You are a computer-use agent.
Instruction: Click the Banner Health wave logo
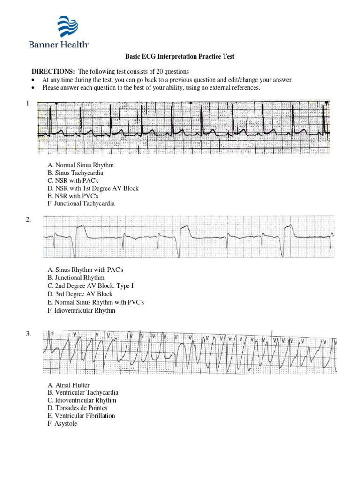68,27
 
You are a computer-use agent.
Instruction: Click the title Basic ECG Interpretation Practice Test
180,57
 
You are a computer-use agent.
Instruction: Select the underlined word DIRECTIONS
53,72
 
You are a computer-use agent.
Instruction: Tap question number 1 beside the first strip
29,105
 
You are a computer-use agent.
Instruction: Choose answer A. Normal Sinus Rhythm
81,165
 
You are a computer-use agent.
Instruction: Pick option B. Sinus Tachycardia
75,173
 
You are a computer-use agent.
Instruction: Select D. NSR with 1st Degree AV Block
93,188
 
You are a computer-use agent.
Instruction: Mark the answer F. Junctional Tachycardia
81,203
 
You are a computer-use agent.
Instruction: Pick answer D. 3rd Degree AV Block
80,294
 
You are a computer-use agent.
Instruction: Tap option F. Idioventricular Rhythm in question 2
81,310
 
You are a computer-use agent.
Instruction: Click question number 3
29,334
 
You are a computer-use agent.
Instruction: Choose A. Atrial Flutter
68,385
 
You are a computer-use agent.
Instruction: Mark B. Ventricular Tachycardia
83,393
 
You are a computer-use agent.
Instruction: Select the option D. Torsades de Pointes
77,408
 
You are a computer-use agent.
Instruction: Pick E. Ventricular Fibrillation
81,416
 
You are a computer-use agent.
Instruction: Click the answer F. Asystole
62,423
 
